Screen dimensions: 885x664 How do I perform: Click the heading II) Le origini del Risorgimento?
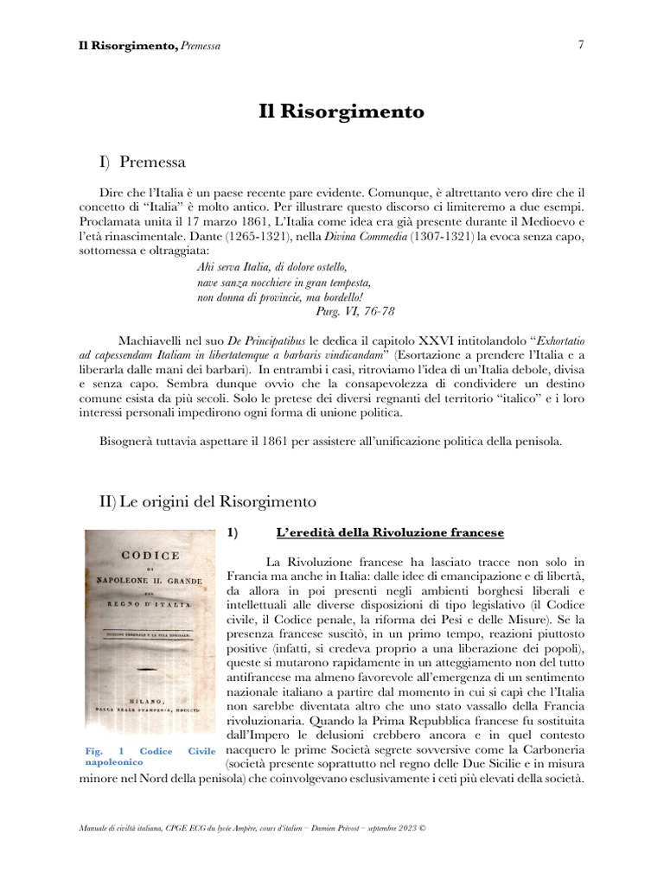[x=208, y=500]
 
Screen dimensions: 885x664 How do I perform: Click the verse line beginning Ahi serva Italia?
[x=271, y=267]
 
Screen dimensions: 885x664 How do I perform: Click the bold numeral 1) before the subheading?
[x=232, y=532]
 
